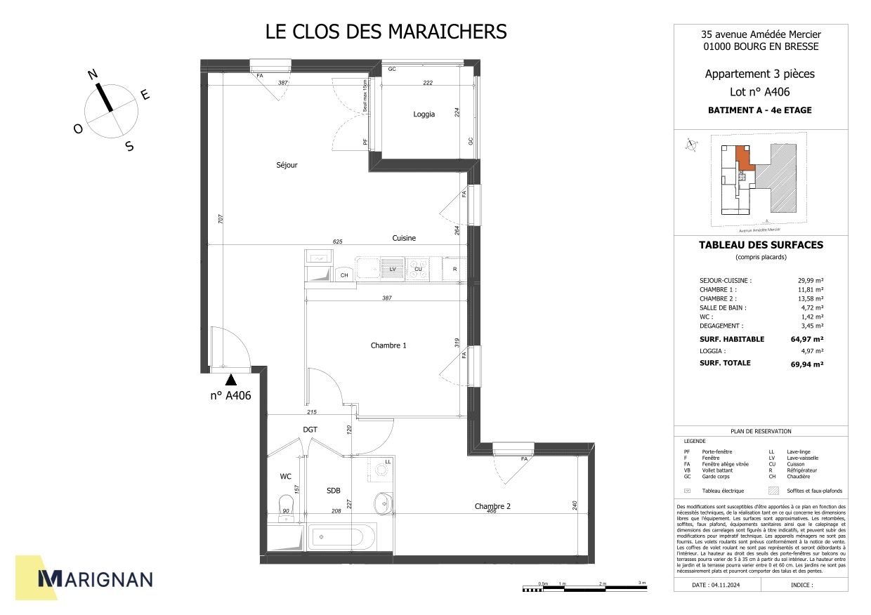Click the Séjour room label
coord(287,165)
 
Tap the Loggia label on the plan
coord(424,114)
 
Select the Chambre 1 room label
coord(388,345)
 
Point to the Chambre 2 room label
coord(492,506)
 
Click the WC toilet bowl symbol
coord(285,504)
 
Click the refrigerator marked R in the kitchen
coord(455,269)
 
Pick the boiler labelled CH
coord(344,275)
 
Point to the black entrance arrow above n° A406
coord(230,380)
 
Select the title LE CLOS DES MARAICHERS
coord(386,32)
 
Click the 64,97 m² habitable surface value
coord(806,339)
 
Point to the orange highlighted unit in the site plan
coord(743,157)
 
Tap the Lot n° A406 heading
coord(760,92)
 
